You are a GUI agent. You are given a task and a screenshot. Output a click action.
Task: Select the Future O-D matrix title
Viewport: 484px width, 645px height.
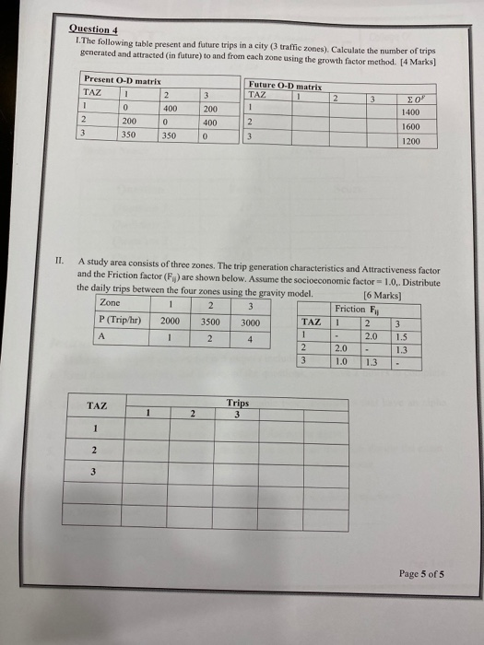(x=280, y=84)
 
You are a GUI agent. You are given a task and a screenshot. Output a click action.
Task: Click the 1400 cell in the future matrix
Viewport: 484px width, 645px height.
(x=411, y=112)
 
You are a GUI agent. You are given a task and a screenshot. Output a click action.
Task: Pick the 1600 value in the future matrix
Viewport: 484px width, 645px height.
(x=411, y=127)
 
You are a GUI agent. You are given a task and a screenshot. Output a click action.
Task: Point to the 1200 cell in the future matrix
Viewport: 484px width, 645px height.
(x=411, y=142)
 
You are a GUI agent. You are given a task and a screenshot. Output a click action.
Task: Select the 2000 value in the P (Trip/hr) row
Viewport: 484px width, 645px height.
(x=171, y=322)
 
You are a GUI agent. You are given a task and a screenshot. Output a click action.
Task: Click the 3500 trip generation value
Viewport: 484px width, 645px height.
(x=210, y=322)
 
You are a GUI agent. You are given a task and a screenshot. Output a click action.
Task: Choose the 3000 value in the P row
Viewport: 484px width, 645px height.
(x=251, y=322)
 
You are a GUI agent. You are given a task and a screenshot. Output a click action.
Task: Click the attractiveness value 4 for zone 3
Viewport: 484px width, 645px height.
(x=251, y=338)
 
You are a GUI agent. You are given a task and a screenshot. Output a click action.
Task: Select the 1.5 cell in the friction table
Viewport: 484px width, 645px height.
(x=400, y=336)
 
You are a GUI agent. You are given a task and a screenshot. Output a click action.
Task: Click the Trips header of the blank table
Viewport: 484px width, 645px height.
(x=238, y=404)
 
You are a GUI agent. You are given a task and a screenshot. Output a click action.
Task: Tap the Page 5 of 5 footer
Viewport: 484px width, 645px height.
(x=421, y=572)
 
